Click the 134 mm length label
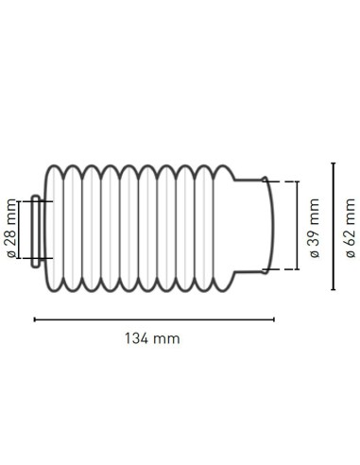tap(152, 339)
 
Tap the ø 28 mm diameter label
tap(11, 229)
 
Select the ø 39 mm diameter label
tap(315, 228)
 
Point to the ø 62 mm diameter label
tap(350, 228)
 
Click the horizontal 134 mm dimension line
tap(154, 319)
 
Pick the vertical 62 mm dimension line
tap(334, 226)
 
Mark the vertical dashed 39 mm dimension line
tap(298, 225)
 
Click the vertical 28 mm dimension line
tap(19, 230)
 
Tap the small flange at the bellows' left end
tap(35, 232)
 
